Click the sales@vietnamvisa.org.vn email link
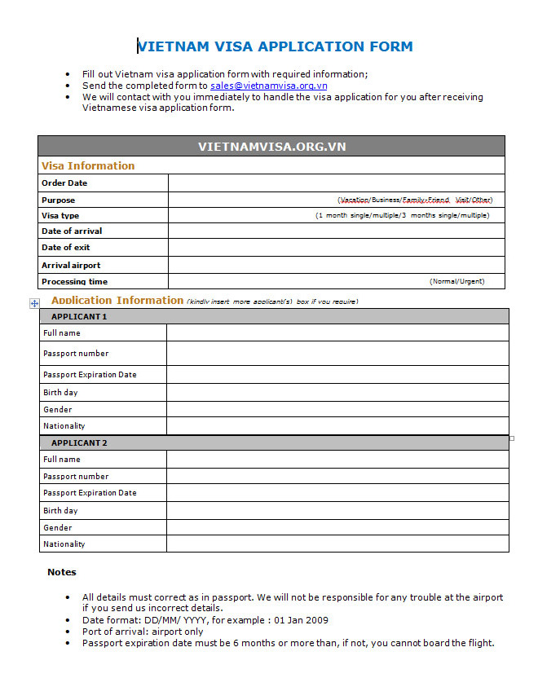[x=268, y=86]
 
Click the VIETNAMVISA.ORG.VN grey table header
[x=271, y=147]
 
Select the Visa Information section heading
[x=88, y=166]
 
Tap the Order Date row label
[x=64, y=183]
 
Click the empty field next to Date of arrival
[x=336, y=231]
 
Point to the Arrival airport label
[x=71, y=266]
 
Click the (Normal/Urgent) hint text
[x=456, y=281]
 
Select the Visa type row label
[x=60, y=216]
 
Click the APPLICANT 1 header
[x=79, y=316]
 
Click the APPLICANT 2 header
[x=79, y=443]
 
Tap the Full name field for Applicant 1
[x=337, y=332]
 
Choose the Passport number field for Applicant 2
[x=337, y=477]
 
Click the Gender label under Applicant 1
[x=58, y=410]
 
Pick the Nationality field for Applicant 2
[x=337, y=544]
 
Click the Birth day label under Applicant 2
[x=60, y=511]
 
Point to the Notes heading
[x=62, y=572]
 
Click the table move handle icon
[x=34, y=303]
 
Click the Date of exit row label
[x=66, y=248]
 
